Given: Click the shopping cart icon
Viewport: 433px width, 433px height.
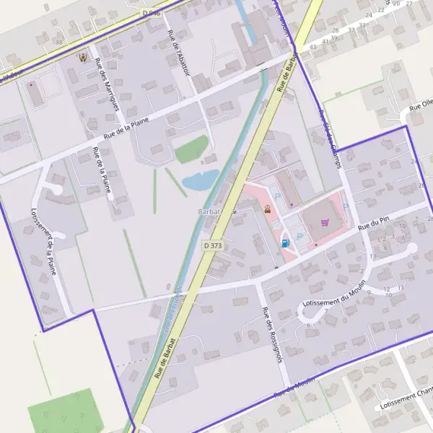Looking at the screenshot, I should (324, 222).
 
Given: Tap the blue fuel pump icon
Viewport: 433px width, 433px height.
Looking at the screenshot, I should (286, 243).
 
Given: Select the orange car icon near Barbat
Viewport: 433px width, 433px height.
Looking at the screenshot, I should (268, 210).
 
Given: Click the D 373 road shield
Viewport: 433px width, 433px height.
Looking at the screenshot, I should (212, 246).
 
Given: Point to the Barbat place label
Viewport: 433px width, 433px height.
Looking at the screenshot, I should (210, 211).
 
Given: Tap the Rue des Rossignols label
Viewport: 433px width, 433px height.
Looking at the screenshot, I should (271, 335).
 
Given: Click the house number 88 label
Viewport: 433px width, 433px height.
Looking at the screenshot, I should (58, 43).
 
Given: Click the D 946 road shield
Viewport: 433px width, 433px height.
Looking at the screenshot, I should (151, 14).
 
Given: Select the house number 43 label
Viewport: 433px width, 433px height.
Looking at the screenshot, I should (312, 47).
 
